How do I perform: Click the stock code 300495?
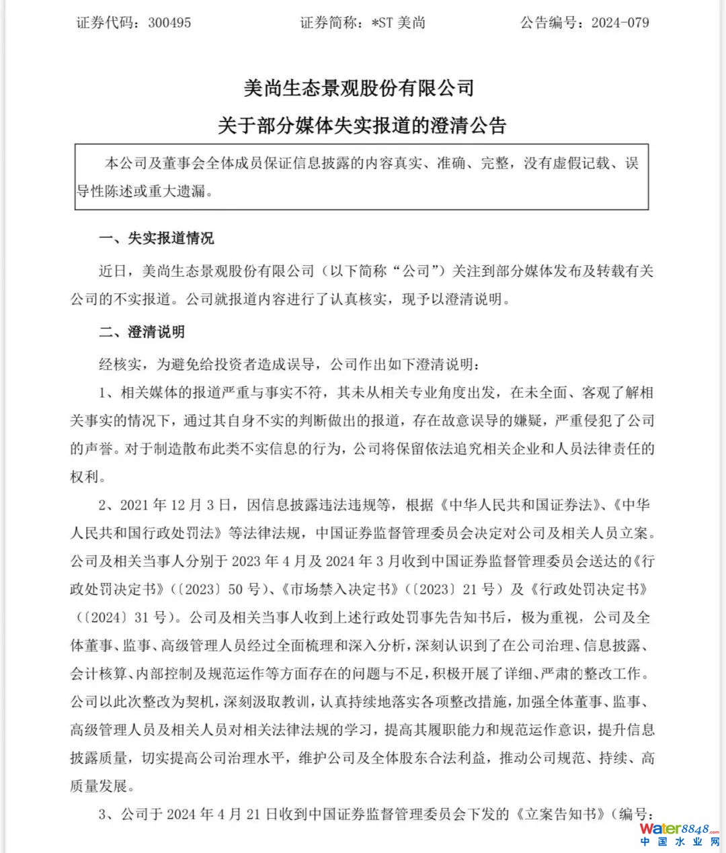point(169,23)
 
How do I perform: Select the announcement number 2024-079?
point(620,23)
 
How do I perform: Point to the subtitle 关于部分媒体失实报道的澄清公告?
point(362,126)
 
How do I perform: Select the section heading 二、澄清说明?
point(141,332)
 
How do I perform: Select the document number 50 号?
point(244,589)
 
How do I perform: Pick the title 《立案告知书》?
point(561,814)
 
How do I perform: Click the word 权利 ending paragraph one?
point(85,477)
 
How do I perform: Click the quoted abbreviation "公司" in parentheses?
point(420,271)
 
